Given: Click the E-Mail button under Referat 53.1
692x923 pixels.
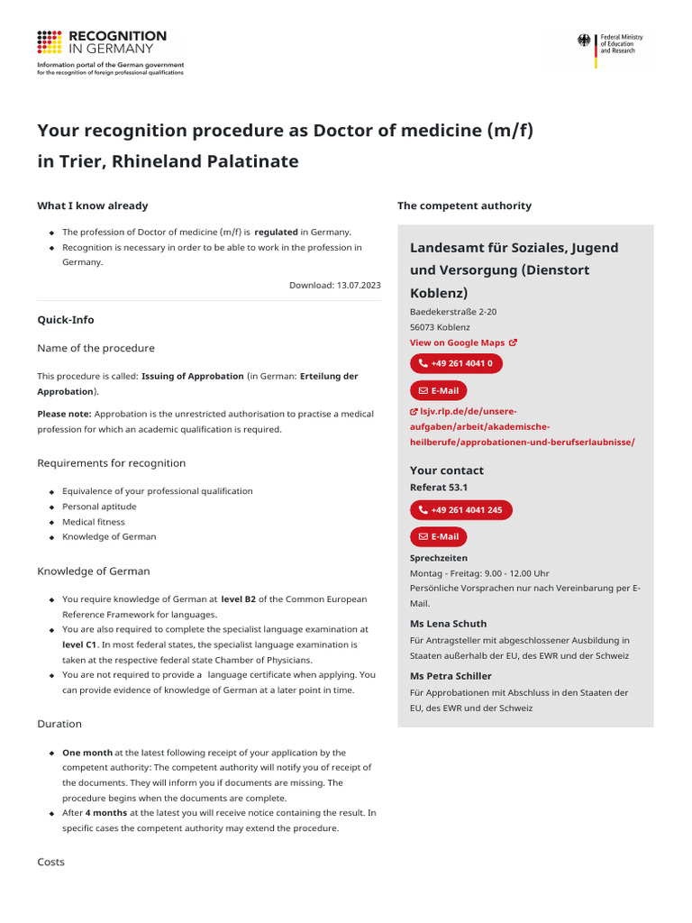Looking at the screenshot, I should pos(439,537).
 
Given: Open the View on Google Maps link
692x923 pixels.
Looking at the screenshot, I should pos(463,343).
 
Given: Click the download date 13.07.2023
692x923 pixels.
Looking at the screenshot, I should pos(334,285).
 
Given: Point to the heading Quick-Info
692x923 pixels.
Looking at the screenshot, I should pos(65,320).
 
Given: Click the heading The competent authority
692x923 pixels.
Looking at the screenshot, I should pos(464,206).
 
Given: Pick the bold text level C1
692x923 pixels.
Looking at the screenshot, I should pos(79,645).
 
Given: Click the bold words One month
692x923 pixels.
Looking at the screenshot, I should pos(87,753).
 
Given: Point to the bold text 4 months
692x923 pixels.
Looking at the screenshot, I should pos(106,813).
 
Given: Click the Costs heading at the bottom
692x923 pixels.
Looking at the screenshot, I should pos(50,863).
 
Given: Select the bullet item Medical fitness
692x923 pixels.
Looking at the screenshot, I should pos(94,522).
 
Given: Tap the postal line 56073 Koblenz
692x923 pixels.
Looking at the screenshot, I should pos(440,327).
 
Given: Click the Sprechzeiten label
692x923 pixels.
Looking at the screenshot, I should pos(438,558).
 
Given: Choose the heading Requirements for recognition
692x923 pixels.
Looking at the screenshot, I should pos(111,463).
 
